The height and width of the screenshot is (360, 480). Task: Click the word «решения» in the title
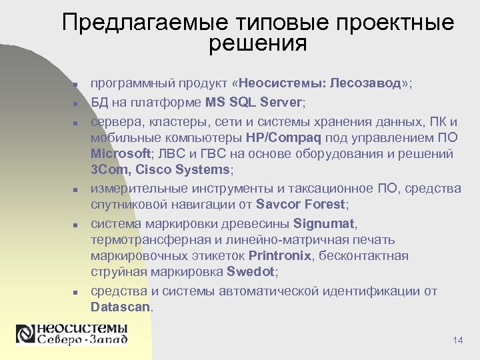(x=257, y=45)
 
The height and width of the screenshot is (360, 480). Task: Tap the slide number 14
(x=457, y=341)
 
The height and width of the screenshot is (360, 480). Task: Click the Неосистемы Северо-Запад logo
(x=72, y=335)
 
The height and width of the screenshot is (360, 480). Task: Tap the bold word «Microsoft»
(x=121, y=154)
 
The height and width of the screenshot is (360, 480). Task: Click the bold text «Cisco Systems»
(x=187, y=170)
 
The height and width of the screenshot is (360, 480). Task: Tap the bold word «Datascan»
(x=121, y=307)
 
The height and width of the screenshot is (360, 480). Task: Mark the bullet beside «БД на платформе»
(x=76, y=105)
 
